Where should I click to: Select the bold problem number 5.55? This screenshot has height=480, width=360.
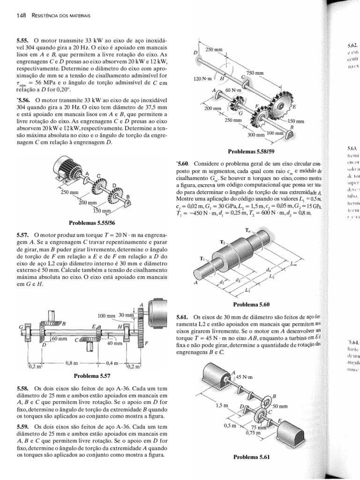[23, 41]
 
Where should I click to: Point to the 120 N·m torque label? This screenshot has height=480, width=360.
[202, 79]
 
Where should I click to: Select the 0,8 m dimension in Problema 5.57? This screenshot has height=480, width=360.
[72, 362]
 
